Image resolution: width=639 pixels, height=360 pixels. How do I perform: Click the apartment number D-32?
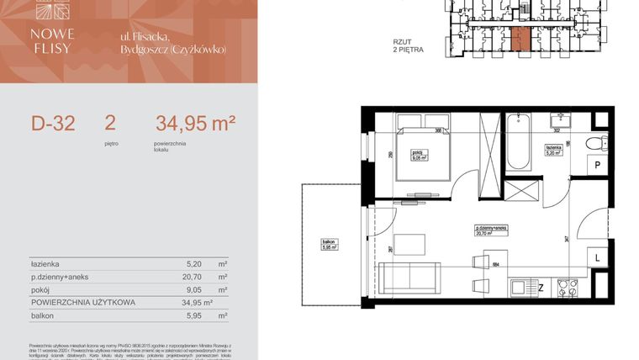53,125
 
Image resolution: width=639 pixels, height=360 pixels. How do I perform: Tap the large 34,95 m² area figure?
195,124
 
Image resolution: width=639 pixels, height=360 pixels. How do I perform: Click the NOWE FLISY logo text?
55,40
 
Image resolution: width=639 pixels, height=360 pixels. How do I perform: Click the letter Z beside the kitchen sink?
541,289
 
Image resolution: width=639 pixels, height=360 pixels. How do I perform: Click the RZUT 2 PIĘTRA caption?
407,45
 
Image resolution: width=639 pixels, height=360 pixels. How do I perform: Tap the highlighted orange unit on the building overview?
520,37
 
